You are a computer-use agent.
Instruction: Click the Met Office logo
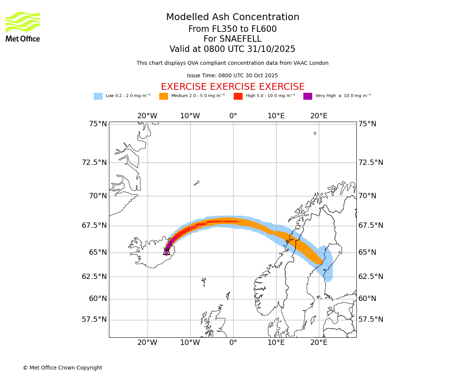point(23,27)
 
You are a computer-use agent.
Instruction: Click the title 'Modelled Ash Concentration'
point(233,17)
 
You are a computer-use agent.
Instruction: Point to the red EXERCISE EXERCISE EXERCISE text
point(233,87)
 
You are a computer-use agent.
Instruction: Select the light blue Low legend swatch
point(98,96)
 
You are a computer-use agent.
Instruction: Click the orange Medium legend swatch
point(163,96)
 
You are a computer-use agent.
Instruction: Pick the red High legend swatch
point(238,96)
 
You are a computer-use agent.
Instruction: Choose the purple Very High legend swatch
point(308,96)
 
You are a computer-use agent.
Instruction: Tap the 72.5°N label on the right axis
point(371,163)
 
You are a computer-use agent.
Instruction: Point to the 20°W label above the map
point(147,116)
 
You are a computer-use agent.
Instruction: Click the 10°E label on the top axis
point(276,116)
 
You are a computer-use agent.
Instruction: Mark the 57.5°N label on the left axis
point(95,319)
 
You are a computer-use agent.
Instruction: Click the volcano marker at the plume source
point(166,251)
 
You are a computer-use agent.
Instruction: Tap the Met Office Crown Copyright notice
point(62,368)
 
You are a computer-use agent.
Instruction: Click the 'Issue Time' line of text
point(232,76)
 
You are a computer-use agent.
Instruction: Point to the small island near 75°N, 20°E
point(315,133)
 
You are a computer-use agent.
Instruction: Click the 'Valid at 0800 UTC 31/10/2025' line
point(232,49)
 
